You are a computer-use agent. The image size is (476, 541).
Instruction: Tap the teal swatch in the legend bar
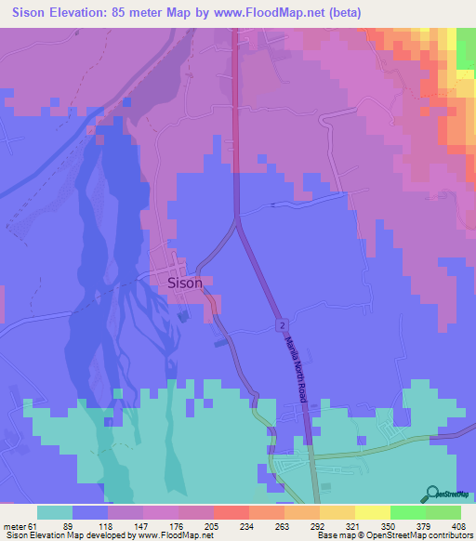pos(55,512)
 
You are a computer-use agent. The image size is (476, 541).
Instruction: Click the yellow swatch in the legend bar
pos(372,512)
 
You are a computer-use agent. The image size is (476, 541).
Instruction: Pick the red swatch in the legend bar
pos(231,512)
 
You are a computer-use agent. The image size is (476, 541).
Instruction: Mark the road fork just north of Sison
pos(238,220)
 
